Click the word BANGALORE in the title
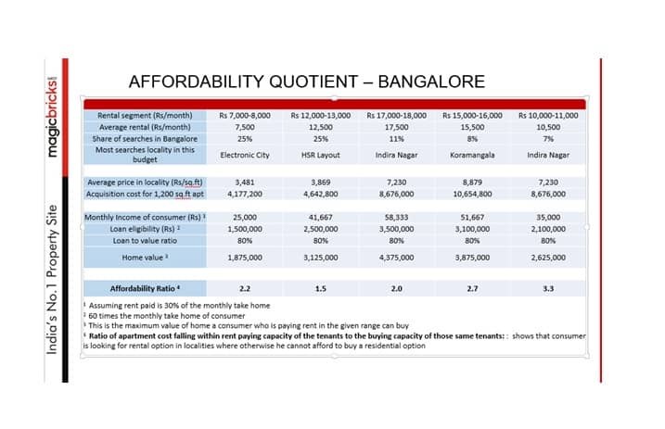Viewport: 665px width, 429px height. click(x=431, y=82)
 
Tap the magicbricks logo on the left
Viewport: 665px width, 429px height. click(x=52, y=117)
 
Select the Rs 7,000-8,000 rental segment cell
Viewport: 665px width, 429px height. click(x=245, y=116)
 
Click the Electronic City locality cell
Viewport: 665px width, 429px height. click(x=245, y=155)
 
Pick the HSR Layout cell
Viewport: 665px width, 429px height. click(x=321, y=155)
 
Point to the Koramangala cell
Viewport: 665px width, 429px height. click(x=472, y=155)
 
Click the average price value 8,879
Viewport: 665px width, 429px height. click(x=472, y=183)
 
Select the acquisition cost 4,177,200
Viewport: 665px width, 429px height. click(x=245, y=194)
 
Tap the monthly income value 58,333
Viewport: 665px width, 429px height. click(x=397, y=217)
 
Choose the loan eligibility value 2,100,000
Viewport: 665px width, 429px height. click(x=548, y=229)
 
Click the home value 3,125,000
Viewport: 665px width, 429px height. click(x=321, y=258)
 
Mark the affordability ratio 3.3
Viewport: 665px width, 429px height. click(x=548, y=289)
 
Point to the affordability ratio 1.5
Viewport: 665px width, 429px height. click(x=321, y=289)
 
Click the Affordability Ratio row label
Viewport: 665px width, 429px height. click(x=145, y=289)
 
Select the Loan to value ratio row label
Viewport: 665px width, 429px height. click(x=145, y=241)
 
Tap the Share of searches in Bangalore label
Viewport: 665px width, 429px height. click(x=145, y=139)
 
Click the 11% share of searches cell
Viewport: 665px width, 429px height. click(x=397, y=139)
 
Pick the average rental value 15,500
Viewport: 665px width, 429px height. click(x=472, y=127)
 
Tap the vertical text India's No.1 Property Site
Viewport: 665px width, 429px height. click(x=52, y=280)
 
